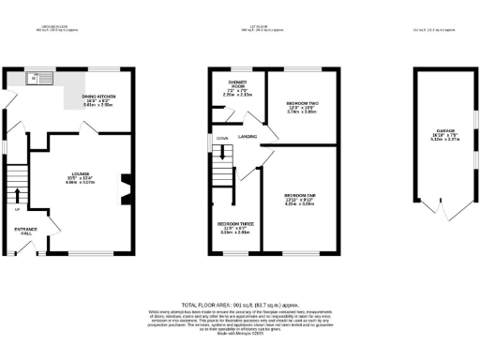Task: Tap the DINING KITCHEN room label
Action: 99,97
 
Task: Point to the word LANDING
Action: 247,137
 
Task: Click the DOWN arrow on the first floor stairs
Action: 222,139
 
